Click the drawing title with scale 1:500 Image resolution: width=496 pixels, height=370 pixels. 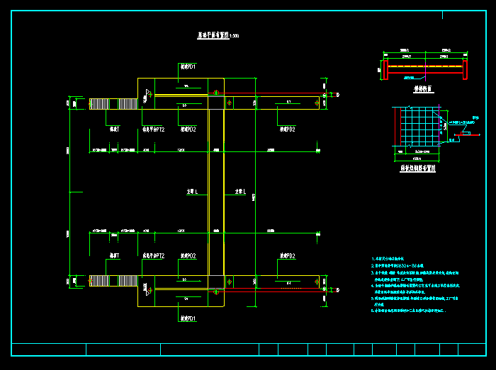point(217,35)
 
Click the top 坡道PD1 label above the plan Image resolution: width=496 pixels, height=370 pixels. point(188,67)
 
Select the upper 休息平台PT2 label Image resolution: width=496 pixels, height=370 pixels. point(154,129)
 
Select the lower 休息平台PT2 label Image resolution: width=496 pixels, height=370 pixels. point(154,255)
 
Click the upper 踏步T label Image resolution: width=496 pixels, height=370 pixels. point(114,129)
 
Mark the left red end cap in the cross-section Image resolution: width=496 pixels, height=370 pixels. point(385,69)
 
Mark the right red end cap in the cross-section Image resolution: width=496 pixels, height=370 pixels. point(466,69)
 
